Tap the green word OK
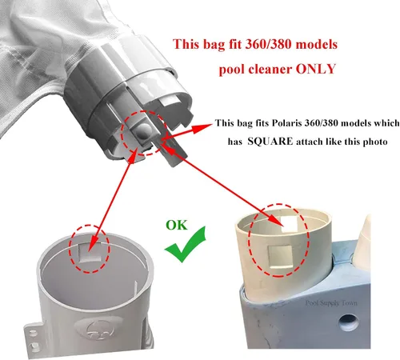(x=177, y=226)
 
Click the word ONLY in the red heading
(x=315, y=69)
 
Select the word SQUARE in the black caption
(x=270, y=141)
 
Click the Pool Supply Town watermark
(x=331, y=303)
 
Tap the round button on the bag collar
(x=142, y=130)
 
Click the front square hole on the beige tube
(x=281, y=257)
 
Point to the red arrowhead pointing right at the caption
(x=202, y=128)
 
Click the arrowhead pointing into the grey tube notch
(x=92, y=243)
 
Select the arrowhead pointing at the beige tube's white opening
(x=274, y=220)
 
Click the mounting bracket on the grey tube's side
(x=31, y=338)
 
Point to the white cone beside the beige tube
(x=365, y=232)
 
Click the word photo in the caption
(x=375, y=142)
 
